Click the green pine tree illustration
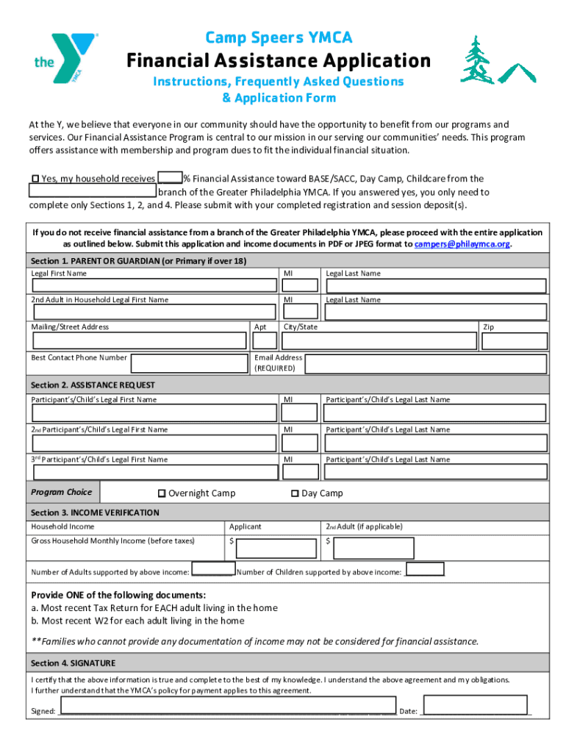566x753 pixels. (x=478, y=60)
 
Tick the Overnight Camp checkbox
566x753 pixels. (x=162, y=493)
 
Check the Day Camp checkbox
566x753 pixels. (x=295, y=493)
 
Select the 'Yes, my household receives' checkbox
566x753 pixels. (x=35, y=179)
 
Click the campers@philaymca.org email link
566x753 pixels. (x=462, y=243)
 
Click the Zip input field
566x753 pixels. (x=514, y=340)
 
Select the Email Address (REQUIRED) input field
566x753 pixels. (x=426, y=363)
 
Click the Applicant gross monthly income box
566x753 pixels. (x=275, y=548)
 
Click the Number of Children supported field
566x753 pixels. (x=424, y=569)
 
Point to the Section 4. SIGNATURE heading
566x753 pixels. (x=73, y=663)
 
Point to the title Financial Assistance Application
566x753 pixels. (x=279, y=60)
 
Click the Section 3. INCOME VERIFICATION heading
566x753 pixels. (x=95, y=513)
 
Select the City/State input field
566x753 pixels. (x=379, y=340)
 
